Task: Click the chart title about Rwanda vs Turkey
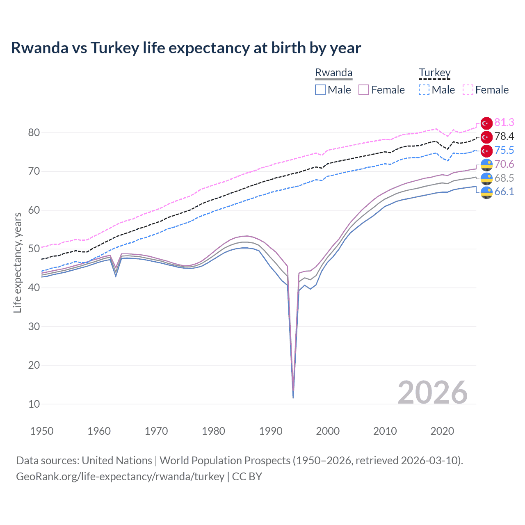186,48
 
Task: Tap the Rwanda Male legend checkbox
320,90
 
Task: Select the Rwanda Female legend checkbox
364,90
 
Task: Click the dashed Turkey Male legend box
424,90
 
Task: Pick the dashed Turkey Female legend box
468,90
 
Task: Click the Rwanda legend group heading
333,73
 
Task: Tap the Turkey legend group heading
434,73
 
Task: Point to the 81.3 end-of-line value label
504,122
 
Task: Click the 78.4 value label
504,136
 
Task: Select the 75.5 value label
504,150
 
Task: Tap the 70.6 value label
504,164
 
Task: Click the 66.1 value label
504,192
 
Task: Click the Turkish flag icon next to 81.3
486,123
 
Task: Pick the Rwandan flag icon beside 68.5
486,178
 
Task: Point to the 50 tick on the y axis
34,249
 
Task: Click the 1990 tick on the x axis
271,431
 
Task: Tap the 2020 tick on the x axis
442,431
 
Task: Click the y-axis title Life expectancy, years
17,262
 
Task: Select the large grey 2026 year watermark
432,393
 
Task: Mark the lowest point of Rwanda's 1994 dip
293,397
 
